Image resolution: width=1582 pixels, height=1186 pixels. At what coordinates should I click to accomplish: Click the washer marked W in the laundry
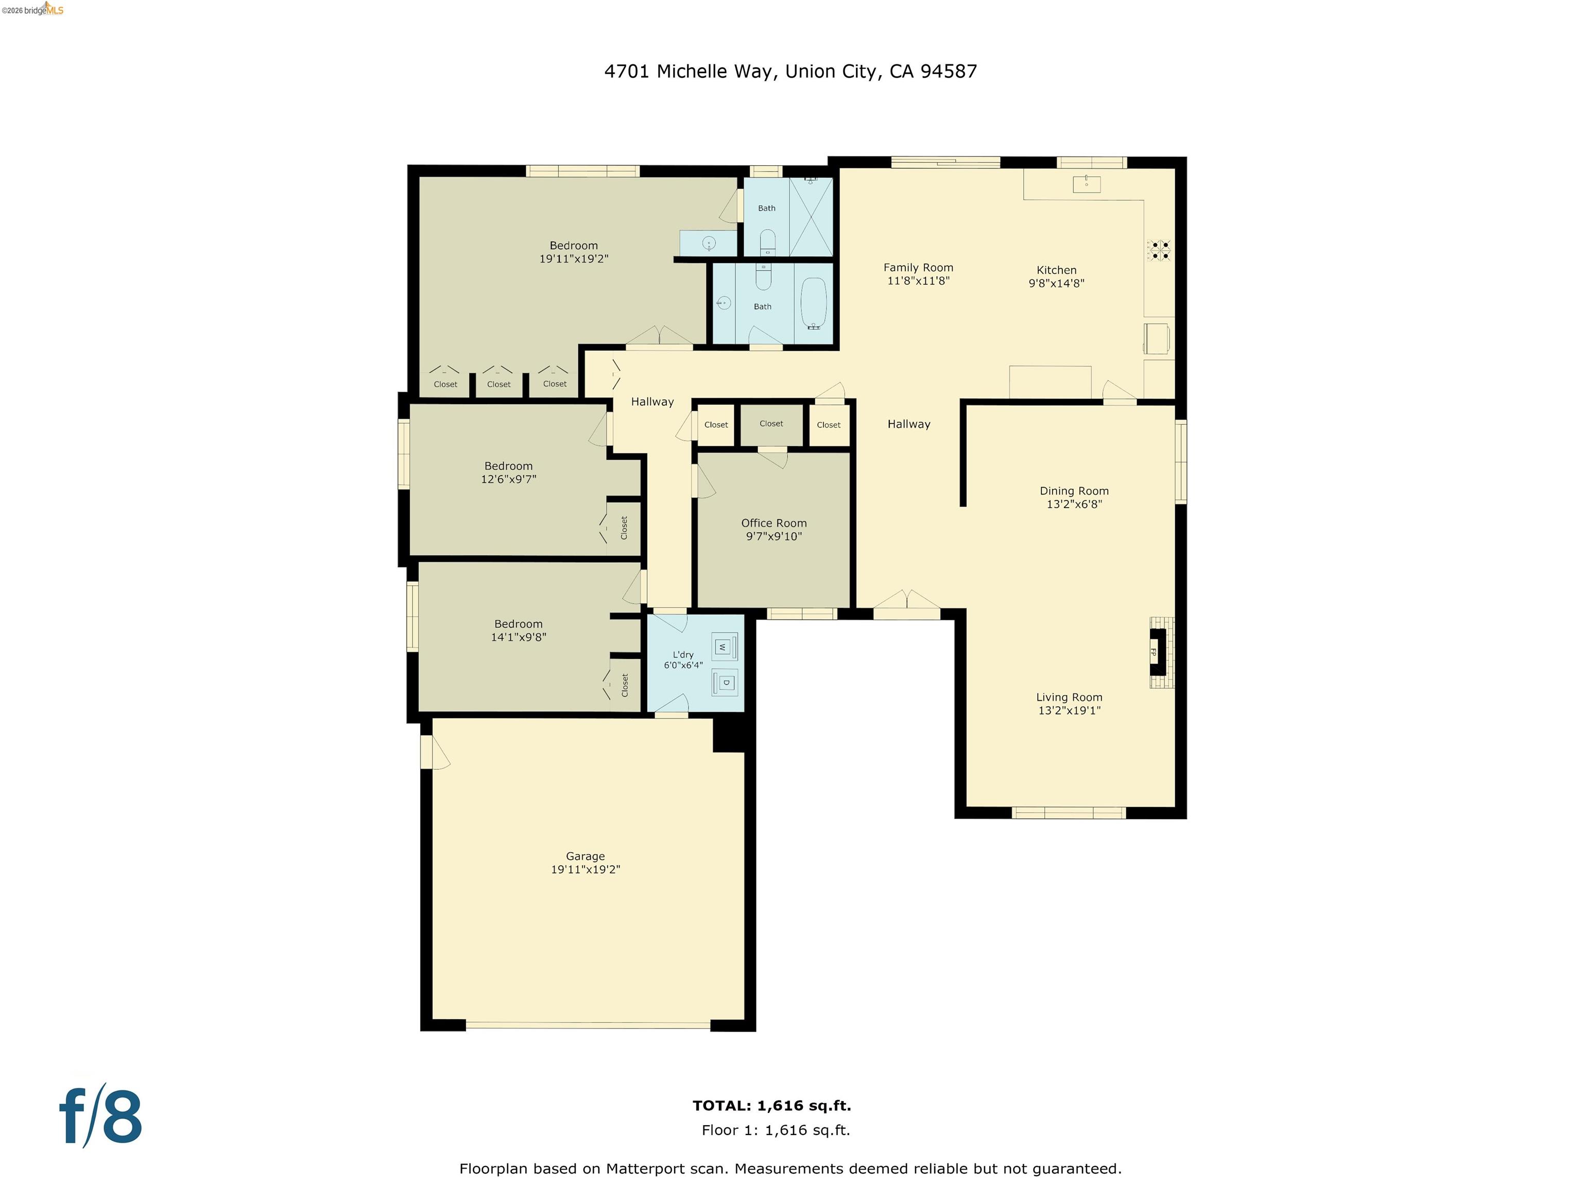(x=723, y=647)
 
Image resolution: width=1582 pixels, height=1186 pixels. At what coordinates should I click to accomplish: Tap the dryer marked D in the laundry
(x=725, y=683)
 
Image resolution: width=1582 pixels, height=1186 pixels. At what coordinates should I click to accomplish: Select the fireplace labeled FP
(x=1156, y=652)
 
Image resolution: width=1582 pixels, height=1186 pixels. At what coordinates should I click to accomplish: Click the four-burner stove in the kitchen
(x=1159, y=250)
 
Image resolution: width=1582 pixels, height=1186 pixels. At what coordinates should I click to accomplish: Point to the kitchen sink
(x=1086, y=184)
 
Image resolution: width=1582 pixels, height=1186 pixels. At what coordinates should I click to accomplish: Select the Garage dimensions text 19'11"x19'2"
(x=585, y=869)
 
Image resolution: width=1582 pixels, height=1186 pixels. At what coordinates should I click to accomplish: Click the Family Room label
(x=918, y=267)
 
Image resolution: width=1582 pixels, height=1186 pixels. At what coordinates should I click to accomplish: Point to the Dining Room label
(x=1074, y=491)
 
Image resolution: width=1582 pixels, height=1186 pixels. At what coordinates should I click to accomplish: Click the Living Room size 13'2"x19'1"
(x=1069, y=710)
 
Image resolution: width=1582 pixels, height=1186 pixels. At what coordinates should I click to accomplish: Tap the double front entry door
(x=906, y=605)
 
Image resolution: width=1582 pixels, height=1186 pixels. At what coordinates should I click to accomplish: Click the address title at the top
(x=790, y=72)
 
